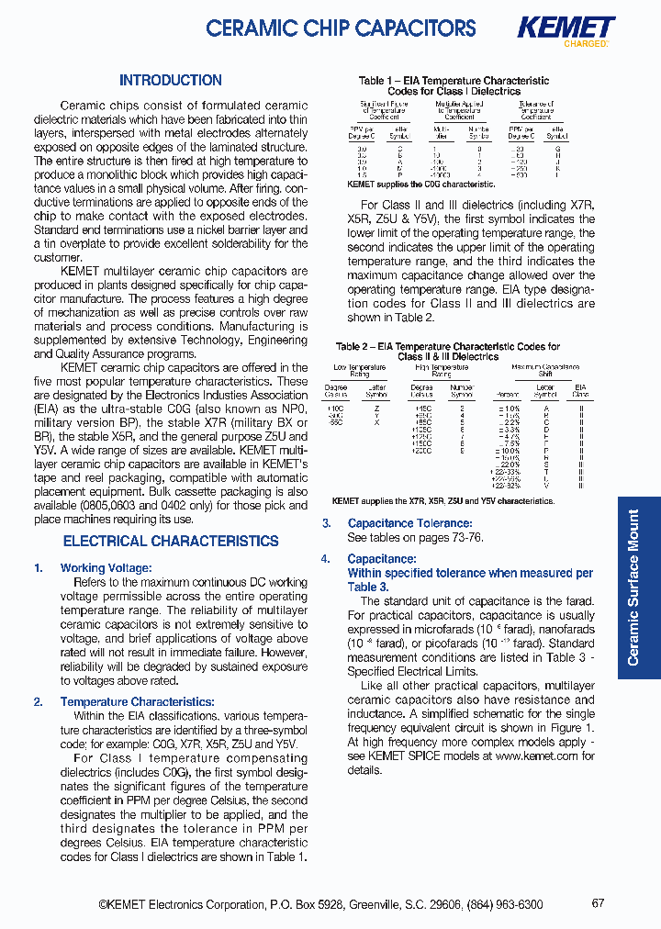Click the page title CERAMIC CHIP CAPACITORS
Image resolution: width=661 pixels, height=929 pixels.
click(341, 28)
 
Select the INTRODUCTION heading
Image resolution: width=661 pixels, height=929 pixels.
click(171, 81)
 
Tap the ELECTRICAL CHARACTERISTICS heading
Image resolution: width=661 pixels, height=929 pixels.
click(171, 542)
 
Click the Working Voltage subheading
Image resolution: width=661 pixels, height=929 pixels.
click(106, 568)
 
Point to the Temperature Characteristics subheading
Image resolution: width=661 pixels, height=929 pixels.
click(137, 702)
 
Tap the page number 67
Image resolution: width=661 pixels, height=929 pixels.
click(598, 903)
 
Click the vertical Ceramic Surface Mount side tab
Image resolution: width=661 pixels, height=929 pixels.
click(633, 588)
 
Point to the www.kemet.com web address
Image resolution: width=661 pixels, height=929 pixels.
click(535, 756)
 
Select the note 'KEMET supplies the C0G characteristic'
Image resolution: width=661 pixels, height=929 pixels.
click(421, 184)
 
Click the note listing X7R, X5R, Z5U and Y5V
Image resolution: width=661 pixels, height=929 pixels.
click(443, 501)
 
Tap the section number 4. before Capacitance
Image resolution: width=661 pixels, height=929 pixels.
click(326, 559)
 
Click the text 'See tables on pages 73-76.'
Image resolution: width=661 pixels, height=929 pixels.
click(415, 538)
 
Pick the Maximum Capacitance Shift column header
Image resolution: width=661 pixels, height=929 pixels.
click(545, 370)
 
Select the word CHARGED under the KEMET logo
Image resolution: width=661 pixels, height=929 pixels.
click(585, 44)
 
